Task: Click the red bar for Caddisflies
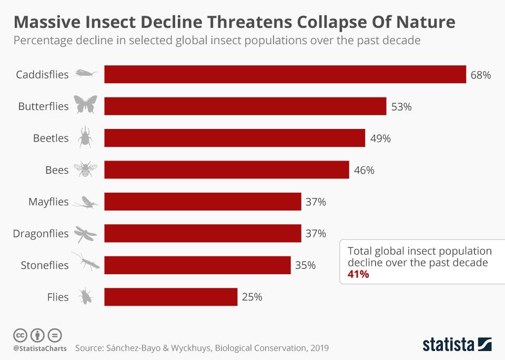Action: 285,74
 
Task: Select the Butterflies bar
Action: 245,106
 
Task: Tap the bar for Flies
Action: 170,297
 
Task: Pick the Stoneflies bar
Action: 197,265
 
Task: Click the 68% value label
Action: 480,75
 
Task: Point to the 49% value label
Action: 380,138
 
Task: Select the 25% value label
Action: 252,297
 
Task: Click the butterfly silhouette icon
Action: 85,105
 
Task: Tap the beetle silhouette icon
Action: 85,138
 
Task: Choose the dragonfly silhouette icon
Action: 85,233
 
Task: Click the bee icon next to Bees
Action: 85,169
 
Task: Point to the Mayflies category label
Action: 48,202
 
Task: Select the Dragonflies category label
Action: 41,233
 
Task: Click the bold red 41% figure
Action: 358,274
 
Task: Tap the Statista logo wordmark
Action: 448,345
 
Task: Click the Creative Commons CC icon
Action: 20,335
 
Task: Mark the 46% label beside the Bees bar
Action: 364,170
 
